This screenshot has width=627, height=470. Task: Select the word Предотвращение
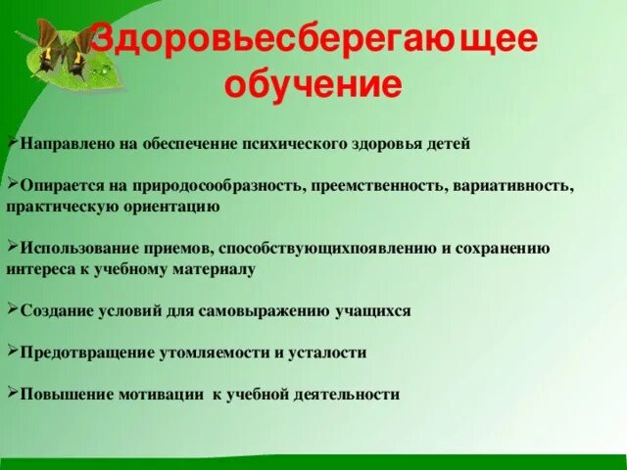pos(77,352)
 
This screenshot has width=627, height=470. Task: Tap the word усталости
pos(329,352)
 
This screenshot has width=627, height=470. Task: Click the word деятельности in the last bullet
pos(342,395)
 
